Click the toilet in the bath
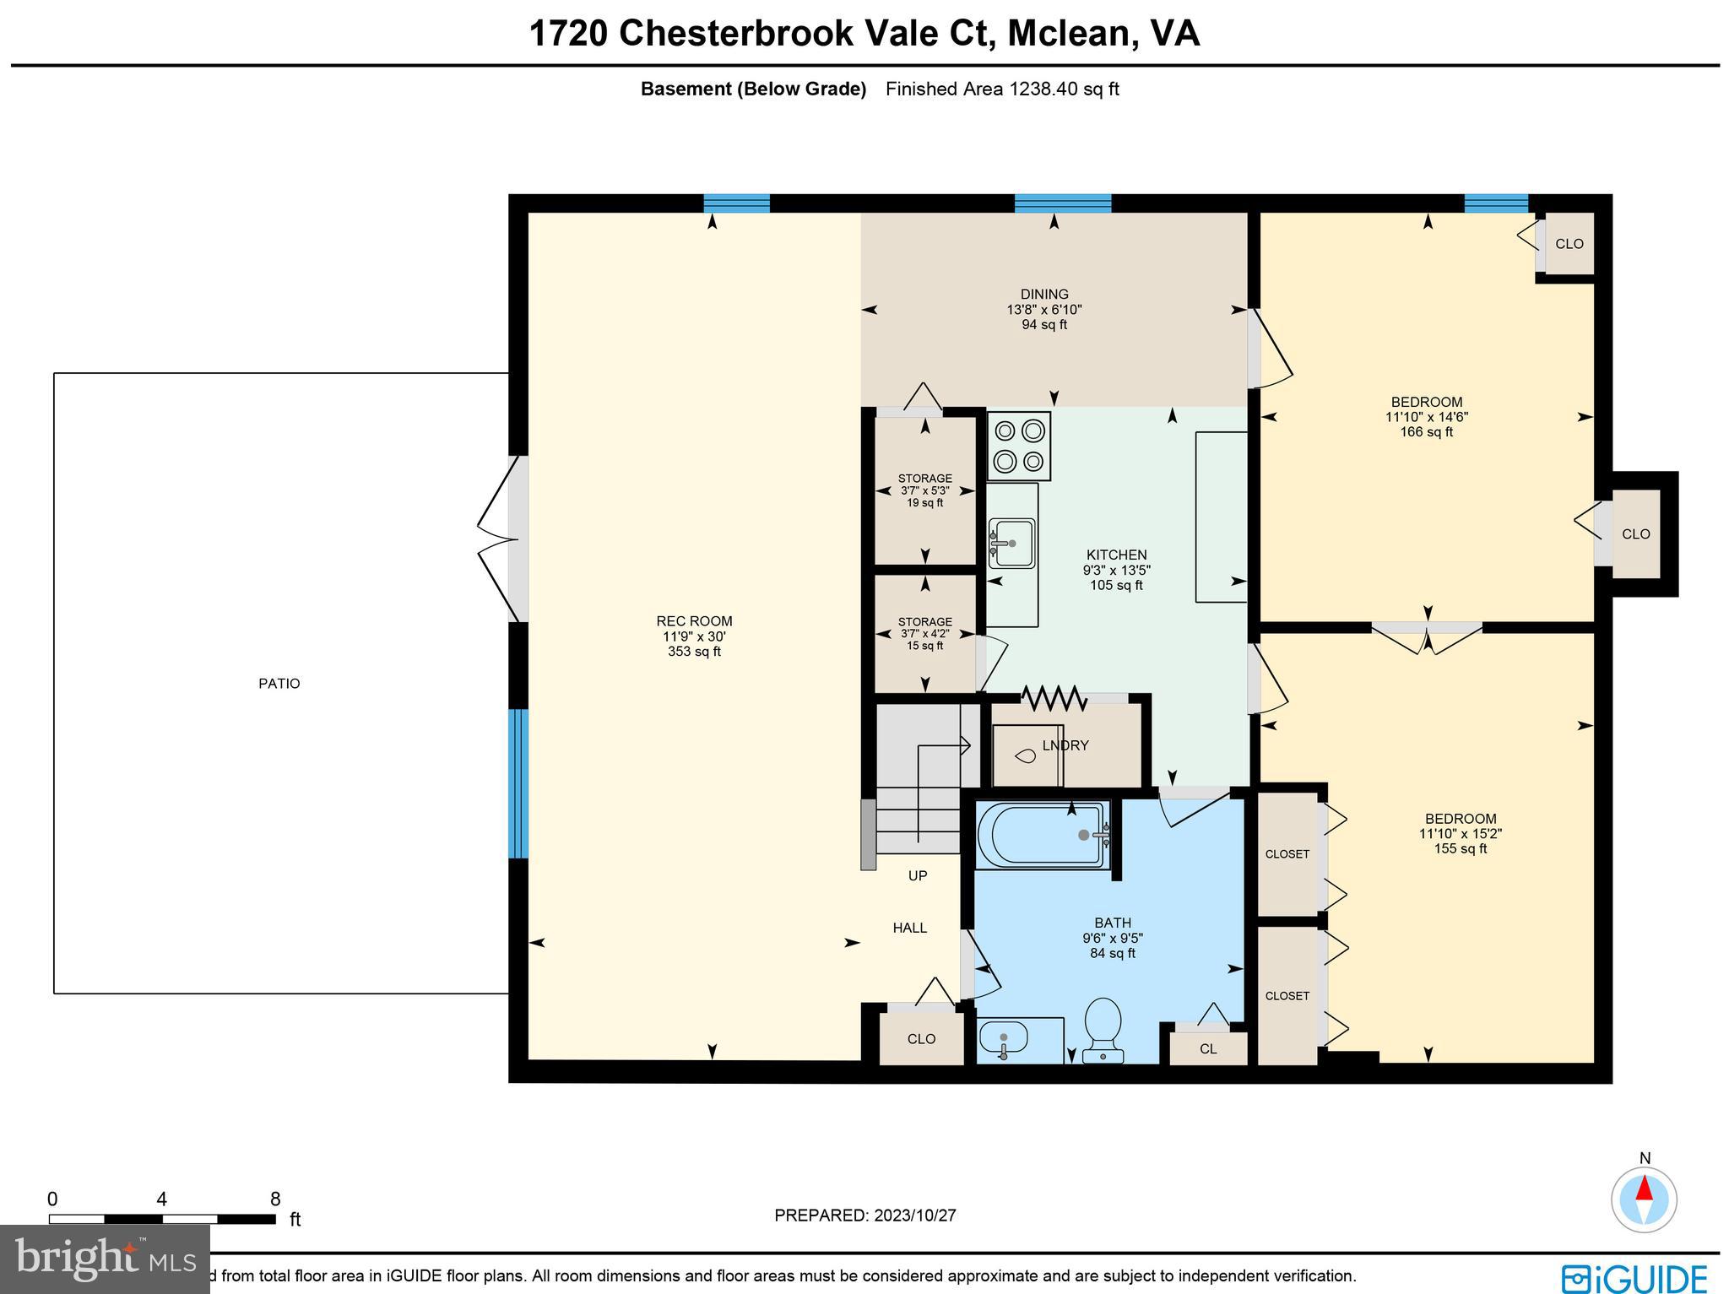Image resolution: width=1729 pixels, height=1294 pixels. (x=1103, y=1028)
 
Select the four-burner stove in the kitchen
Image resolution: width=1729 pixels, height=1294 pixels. (x=1019, y=447)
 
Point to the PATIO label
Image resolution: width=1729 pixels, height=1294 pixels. (x=279, y=684)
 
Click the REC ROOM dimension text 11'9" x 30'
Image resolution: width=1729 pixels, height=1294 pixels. (x=694, y=636)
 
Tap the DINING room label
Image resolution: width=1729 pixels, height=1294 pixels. (x=1044, y=295)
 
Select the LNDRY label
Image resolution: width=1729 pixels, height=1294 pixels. (x=1065, y=745)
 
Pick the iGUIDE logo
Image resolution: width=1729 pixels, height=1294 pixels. (x=1634, y=1277)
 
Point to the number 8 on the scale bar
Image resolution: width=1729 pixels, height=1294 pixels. (x=275, y=1199)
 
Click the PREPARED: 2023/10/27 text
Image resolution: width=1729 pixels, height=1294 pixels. (x=865, y=1215)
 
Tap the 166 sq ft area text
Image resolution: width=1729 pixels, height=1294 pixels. (x=1427, y=432)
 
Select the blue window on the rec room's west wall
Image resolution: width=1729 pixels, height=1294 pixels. (x=518, y=783)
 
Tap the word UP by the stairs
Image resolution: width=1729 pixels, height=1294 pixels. (x=918, y=876)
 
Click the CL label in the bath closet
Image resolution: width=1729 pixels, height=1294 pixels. (x=1208, y=1049)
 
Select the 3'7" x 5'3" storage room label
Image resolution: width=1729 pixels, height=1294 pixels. (x=925, y=490)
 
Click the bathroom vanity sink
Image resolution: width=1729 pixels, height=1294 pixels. (x=1004, y=1038)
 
